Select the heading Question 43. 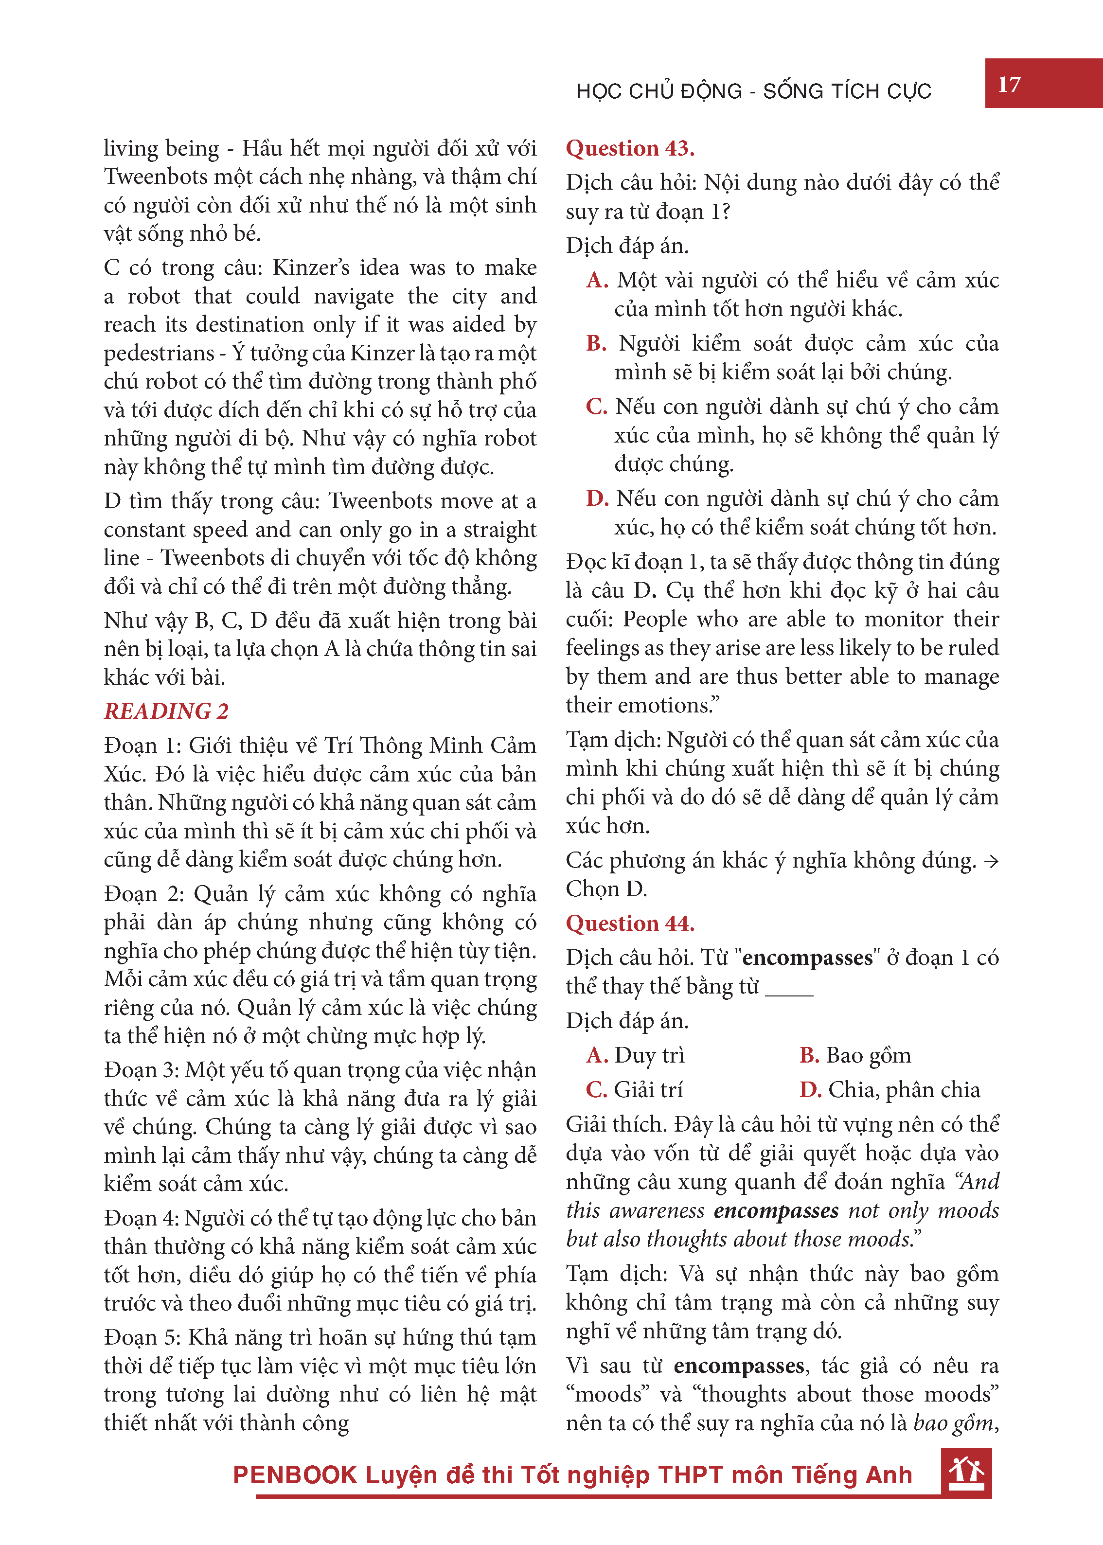pyautogui.click(x=630, y=148)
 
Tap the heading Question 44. pyautogui.click(x=630, y=923)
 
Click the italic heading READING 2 pyautogui.click(x=166, y=711)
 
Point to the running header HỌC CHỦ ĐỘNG pyautogui.click(x=659, y=91)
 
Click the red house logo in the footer pyautogui.click(x=966, y=1473)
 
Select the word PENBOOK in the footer pyautogui.click(x=295, y=1475)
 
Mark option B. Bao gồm pyautogui.click(x=855, y=1055)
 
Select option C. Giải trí pyautogui.click(x=634, y=1089)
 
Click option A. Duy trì pyautogui.click(x=635, y=1055)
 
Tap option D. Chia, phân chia pyautogui.click(x=889, y=1089)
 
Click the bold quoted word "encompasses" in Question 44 pyautogui.click(x=807, y=958)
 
